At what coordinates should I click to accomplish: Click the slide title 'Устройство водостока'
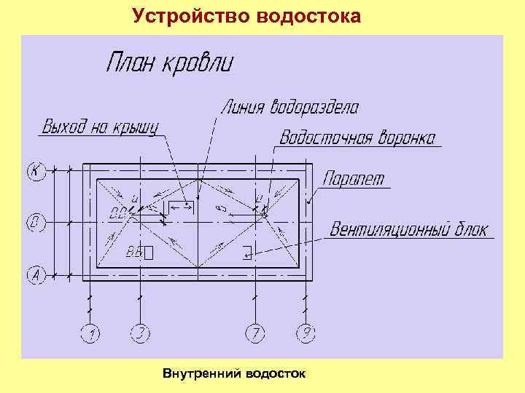click(246, 15)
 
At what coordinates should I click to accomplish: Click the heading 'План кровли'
click(170, 63)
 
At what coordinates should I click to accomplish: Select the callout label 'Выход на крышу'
click(100, 127)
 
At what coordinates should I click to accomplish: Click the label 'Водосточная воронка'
click(358, 138)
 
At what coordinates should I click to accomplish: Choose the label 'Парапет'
click(354, 179)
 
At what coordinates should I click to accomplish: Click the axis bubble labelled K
click(35, 172)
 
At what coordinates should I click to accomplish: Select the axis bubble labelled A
click(35, 275)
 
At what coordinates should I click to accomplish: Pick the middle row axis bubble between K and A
click(35, 222)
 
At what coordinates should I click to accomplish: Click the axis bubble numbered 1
click(91, 334)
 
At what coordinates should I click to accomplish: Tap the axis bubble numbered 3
click(139, 334)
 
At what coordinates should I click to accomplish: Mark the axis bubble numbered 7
click(254, 334)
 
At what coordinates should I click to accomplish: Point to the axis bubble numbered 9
click(306, 334)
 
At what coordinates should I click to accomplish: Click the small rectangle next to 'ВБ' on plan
click(149, 253)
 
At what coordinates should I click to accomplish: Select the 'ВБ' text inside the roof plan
click(134, 253)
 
